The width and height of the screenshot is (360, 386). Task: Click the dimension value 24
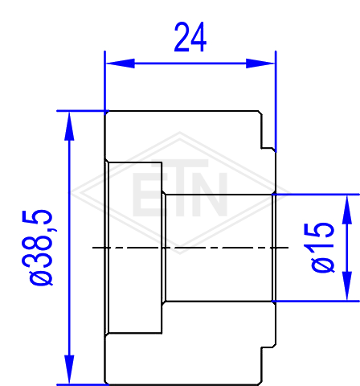pyautogui.click(x=190, y=37)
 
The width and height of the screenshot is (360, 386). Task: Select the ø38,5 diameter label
pyautogui.click(x=41, y=247)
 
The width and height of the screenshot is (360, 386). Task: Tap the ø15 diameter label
pyautogui.click(x=322, y=247)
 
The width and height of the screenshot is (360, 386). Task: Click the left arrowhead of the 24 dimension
pyautogui.click(x=121, y=64)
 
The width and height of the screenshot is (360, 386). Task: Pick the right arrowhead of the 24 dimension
pyautogui.click(x=260, y=64)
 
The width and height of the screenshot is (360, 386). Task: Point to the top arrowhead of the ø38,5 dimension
pyautogui.click(x=69, y=126)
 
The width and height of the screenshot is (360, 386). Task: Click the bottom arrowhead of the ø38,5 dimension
pyautogui.click(x=69, y=369)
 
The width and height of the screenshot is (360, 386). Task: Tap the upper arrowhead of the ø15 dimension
pyautogui.click(x=347, y=210)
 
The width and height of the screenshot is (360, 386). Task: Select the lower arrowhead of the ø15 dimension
pyautogui.click(x=347, y=285)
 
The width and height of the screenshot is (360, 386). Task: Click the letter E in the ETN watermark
pyautogui.click(x=144, y=195)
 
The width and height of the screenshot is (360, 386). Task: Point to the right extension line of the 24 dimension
pyautogui.click(x=276, y=101)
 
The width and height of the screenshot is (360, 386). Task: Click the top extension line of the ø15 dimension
pyautogui.click(x=316, y=194)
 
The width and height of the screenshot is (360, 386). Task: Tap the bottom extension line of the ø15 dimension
pyautogui.click(x=316, y=302)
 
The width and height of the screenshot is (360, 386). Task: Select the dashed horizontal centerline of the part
pyautogui.click(x=190, y=248)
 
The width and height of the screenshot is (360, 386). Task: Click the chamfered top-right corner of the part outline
pyautogui.click(x=260, y=113)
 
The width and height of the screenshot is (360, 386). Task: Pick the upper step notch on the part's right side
pyautogui.click(x=268, y=148)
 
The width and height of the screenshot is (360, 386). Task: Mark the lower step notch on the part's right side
pyautogui.click(x=268, y=347)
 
